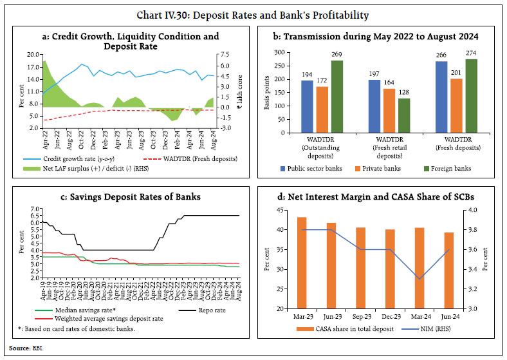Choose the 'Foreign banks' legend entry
[x=446, y=169]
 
